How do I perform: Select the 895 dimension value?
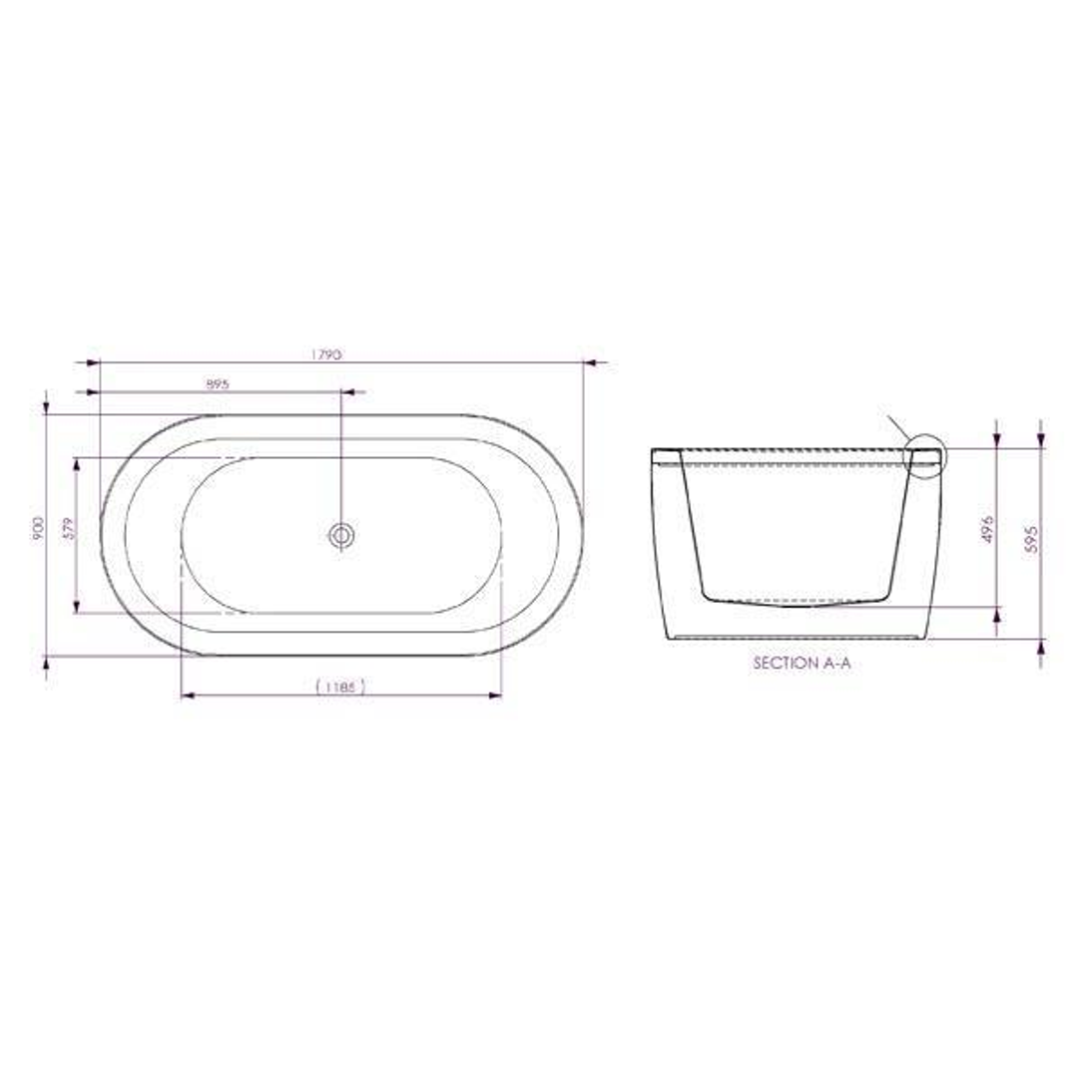coord(218,383)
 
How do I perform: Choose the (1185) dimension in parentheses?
coord(339,686)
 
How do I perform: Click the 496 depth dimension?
coord(987,529)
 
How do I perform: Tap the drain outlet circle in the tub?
coord(341,535)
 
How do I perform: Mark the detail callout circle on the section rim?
coord(924,458)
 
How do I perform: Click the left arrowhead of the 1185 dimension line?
coord(187,695)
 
